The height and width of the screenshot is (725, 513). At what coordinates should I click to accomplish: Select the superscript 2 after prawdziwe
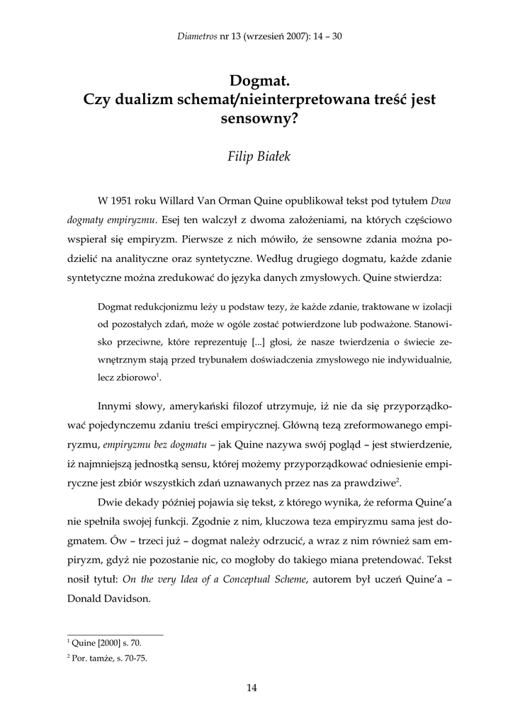click(398, 481)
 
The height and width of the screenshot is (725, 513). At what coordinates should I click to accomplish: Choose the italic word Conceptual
click(261, 578)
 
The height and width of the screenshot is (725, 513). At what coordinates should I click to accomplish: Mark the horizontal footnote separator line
click(115, 634)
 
